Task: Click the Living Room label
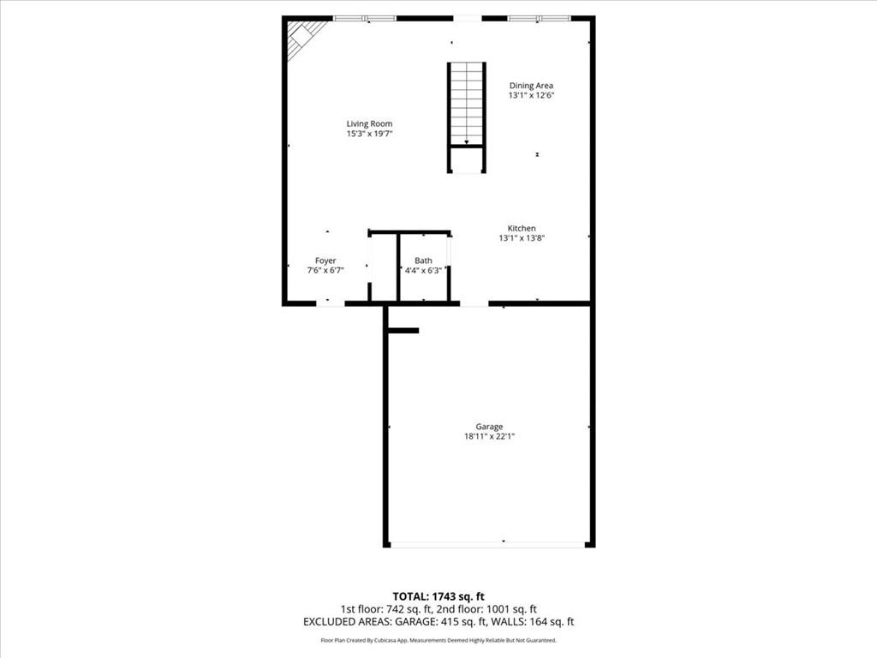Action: pyautogui.click(x=369, y=123)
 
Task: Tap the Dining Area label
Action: pyautogui.click(x=531, y=85)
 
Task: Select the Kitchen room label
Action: pyautogui.click(x=522, y=228)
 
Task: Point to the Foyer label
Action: pyautogui.click(x=325, y=260)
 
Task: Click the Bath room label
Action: pyautogui.click(x=423, y=260)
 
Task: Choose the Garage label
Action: pyautogui.click(x=490, y=426)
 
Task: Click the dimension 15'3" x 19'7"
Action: pyautogui.click(x=369, y=134)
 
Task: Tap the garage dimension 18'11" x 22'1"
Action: pyautogui.click(x=490, y=436)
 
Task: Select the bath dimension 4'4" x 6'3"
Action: pyautogui.click(x=423, y=271)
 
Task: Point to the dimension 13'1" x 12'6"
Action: pyautogui.click(x=531, y=95)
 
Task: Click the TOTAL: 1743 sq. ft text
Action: pyautogui.click(x=438, y=596)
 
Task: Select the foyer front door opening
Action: pyautogui.click(x=330, y=303)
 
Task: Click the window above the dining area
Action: pyautogui.click(x=539, y=18)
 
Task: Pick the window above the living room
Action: pyautogui.click(x=364, y=18)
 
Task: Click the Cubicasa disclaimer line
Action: pyautogui.click(x=438, y=640)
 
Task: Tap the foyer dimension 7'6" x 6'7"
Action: pyautogui.click(x=325, y=271)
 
